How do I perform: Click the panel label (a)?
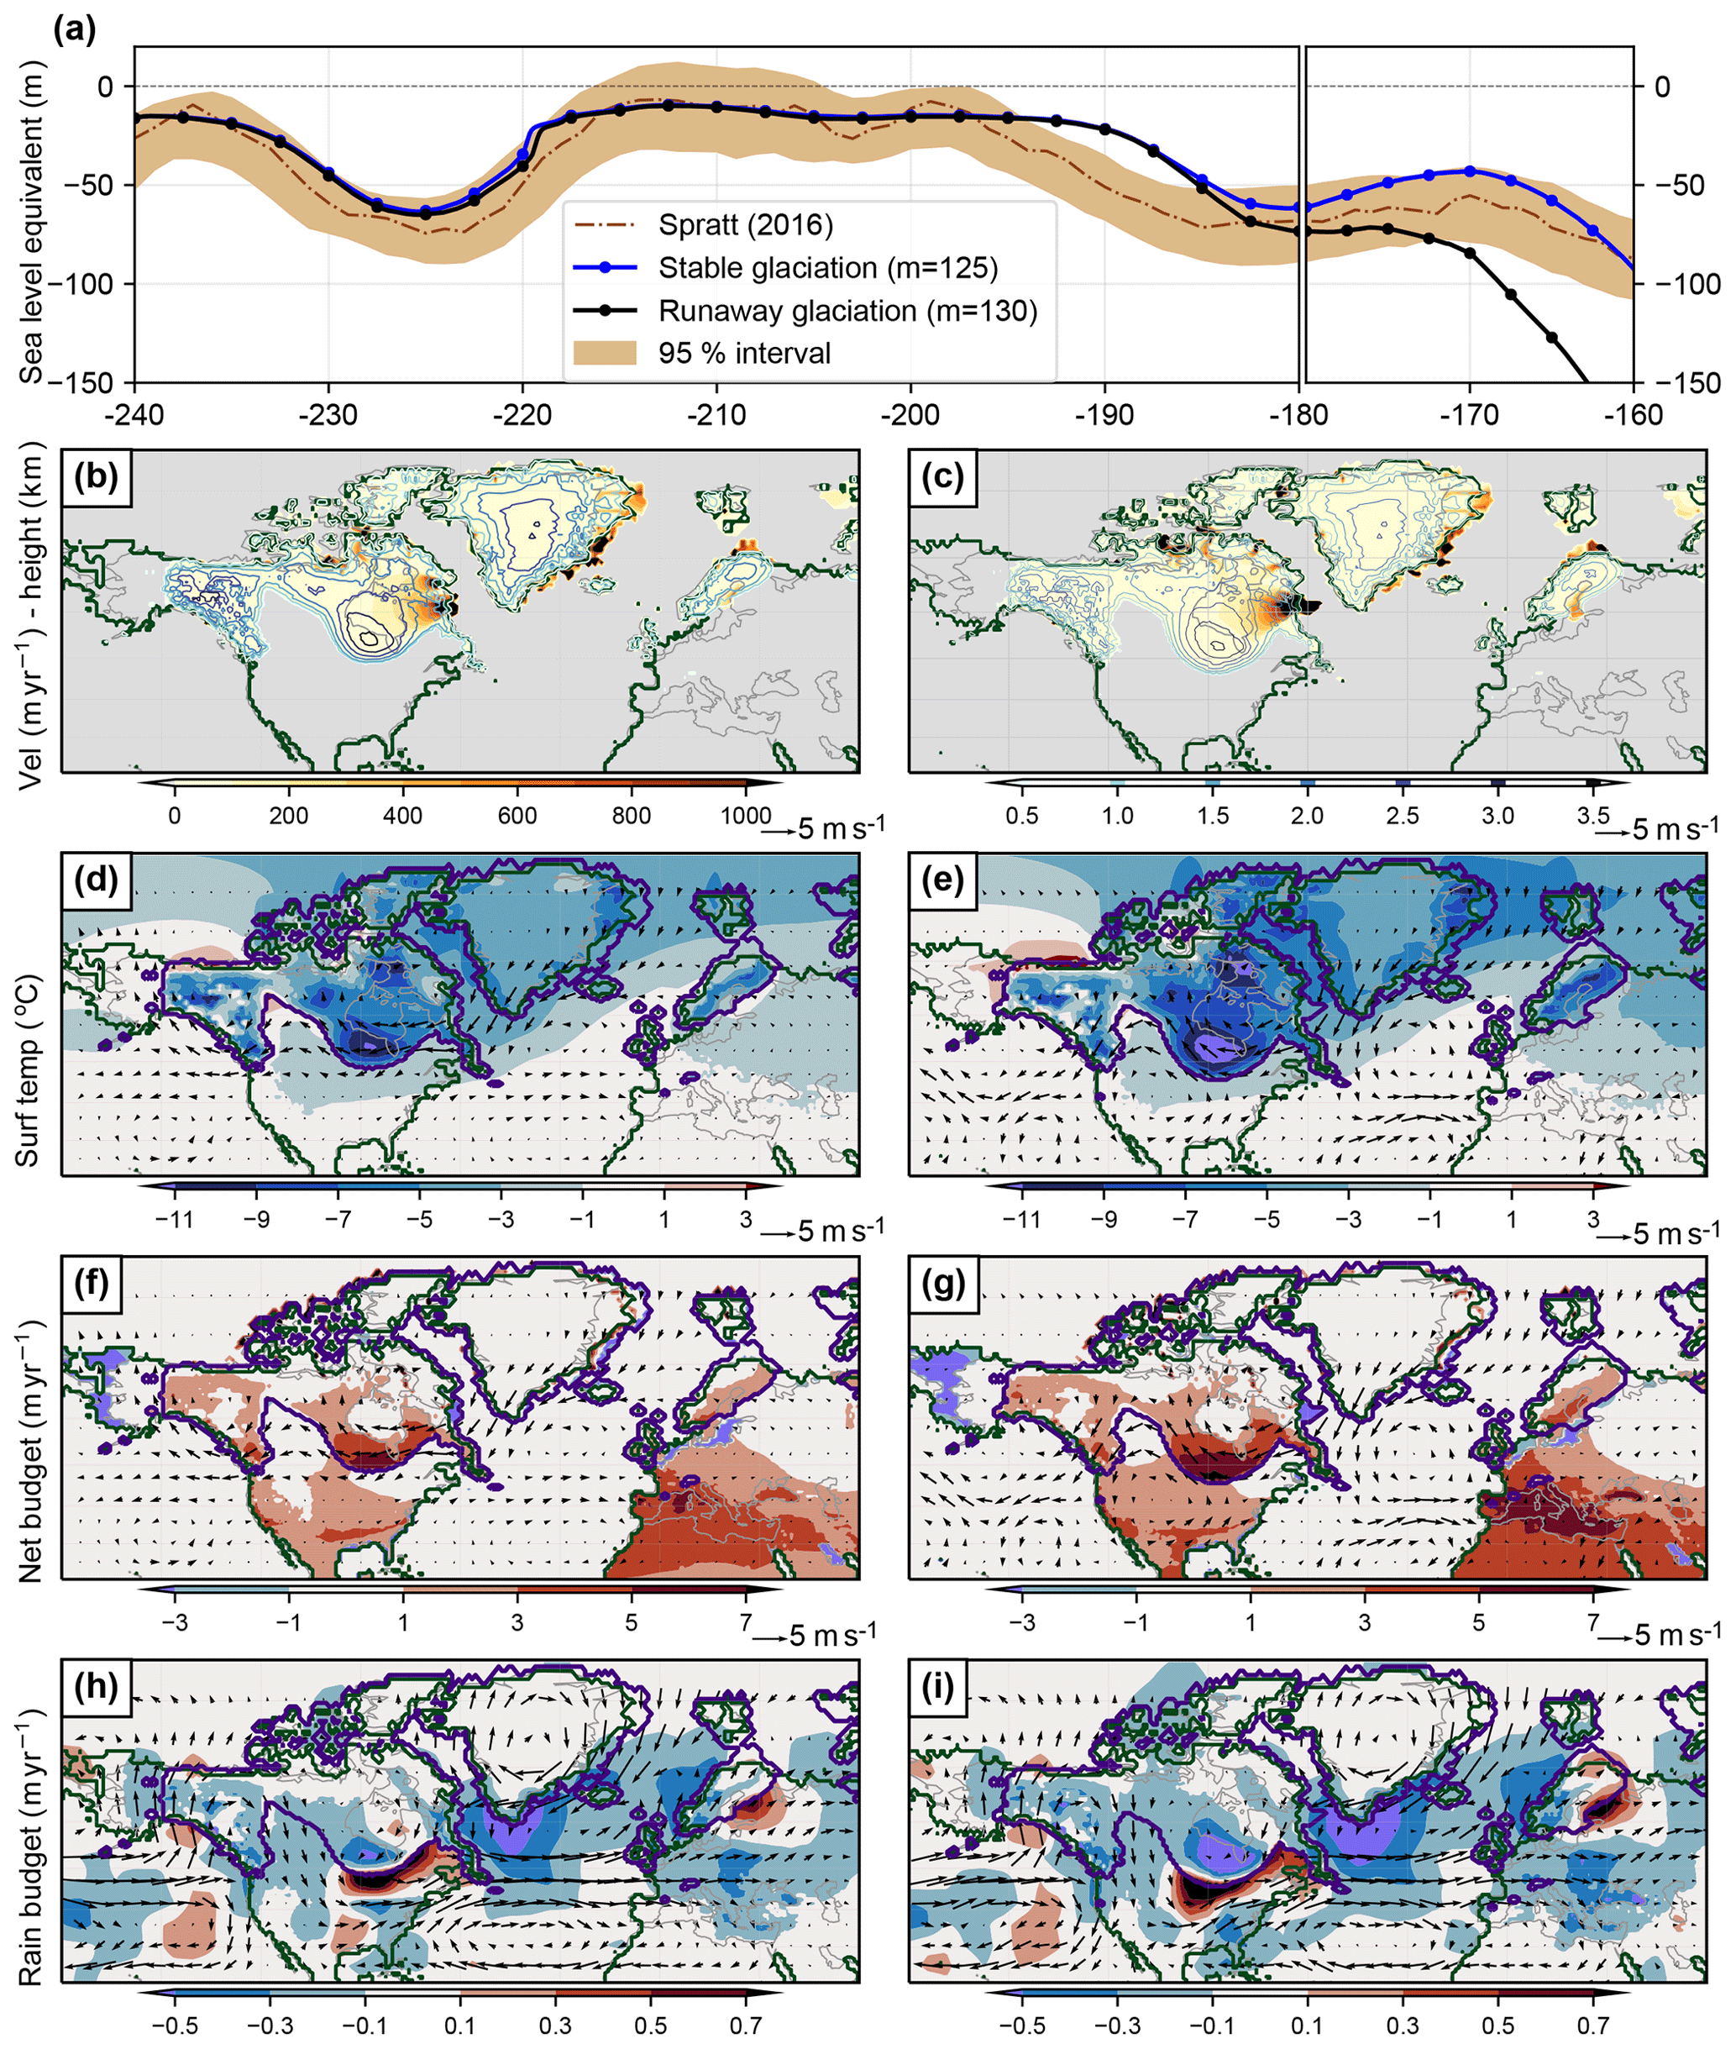74,29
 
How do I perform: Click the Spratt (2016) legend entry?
745,225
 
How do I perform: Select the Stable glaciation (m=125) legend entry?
827,268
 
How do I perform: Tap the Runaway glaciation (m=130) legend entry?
847,311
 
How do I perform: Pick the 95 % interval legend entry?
744,354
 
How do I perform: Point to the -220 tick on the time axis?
522,414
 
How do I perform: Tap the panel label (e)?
943,880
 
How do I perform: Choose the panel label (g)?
943,1285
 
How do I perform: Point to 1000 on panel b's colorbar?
745,816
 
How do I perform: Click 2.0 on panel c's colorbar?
1307,816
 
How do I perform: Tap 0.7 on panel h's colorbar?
746,2025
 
